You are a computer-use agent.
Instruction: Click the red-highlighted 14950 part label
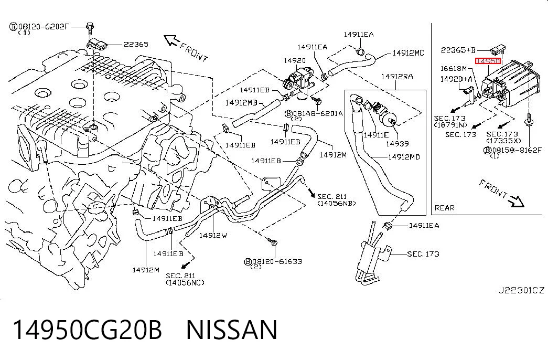point(488,61)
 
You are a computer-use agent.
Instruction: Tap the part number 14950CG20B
point(88,330)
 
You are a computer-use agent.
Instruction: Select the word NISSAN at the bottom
point(232,330)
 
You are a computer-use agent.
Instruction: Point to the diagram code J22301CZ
point(521,290)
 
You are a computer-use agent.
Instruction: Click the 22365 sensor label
point(136,45)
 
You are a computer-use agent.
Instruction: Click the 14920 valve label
point(295,60)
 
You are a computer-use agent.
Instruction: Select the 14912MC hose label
point(408,53)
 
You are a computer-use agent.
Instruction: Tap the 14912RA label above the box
point(396,77)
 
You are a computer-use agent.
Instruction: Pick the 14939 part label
point(397,143)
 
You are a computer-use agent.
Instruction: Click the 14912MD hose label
point(404,157)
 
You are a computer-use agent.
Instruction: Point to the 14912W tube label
point(213,235)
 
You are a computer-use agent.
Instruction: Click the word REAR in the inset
point(445,208)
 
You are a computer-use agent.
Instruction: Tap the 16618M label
point(453,69)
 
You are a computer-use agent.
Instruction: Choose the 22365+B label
point(458,50)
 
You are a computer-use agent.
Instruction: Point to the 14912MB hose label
point(241,102)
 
